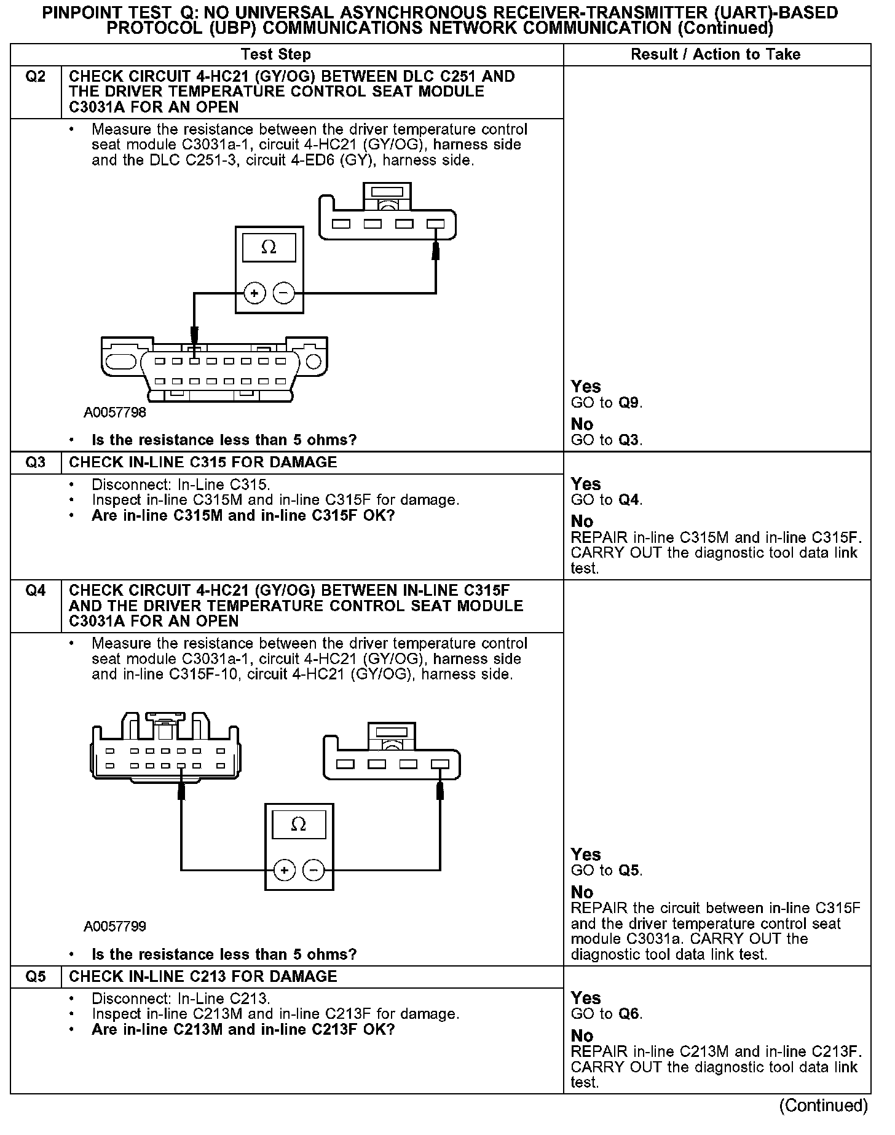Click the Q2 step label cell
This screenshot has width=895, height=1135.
(x=36, y=77)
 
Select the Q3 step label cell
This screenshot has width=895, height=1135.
(x=36, y=462)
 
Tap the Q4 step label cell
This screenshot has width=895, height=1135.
(x=36, y=591)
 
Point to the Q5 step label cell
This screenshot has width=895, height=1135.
(x=36, y=977)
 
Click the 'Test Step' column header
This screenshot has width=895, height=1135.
(x=275, y=55)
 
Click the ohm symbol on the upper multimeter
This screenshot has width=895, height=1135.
(x=269, y=247)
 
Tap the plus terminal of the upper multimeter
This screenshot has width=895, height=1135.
(x=254, y=293)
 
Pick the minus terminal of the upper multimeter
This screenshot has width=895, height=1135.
(x=283, y=293)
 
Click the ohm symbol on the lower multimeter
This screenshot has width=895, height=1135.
(x=298, y=825)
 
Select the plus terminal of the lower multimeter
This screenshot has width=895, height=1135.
(x=284, y=870)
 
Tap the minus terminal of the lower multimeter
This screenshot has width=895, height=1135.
(x=313, y=870)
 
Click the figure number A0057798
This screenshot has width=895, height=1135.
(x=115, y=413)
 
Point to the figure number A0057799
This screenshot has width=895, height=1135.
(x=115, y=927)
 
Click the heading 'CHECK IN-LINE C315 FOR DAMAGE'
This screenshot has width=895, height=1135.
(x=203, y=462)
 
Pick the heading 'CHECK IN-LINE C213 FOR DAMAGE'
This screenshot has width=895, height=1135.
(x=203, y=977)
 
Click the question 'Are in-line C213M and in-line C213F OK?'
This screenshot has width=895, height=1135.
(x=243, y=1030)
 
